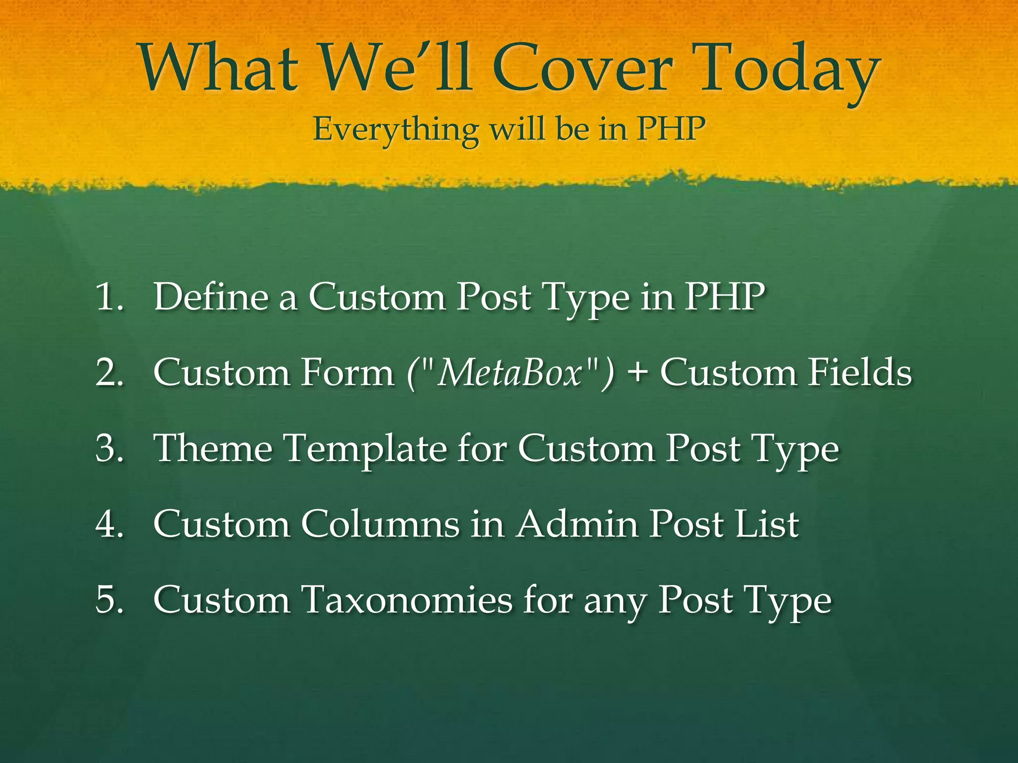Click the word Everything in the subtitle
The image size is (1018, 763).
[x=395, y=130]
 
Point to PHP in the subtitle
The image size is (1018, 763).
[x=671, y=129]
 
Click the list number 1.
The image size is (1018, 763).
[x=109, y=297]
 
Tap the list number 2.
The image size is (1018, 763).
[x=109, y=373]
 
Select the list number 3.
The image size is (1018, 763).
[x=109, y=449]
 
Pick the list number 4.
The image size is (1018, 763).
[x=109, y=524]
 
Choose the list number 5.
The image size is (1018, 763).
[x=109, y=600]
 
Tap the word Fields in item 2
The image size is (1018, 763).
[x=859, y=373]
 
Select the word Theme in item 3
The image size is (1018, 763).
[x=213, y=449]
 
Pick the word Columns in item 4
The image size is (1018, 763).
[x=380, y=524]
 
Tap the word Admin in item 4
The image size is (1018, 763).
[x=577, y=524]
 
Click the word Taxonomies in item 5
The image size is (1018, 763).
[x=407, y=600]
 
